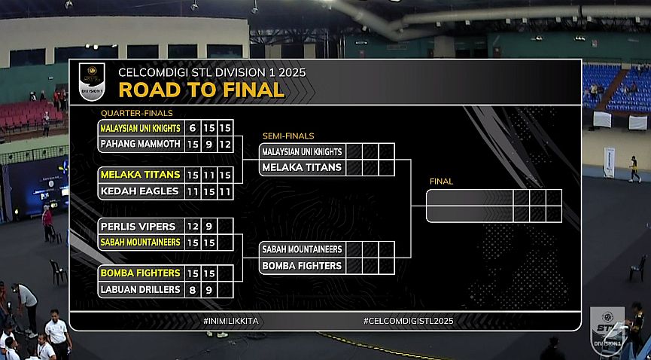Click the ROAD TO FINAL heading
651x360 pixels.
click(201, 90)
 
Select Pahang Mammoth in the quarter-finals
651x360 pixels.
click(141, 143)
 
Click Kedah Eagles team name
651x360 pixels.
click(140, 191)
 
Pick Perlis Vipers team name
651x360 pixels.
click(138, 226)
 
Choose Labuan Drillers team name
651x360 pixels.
click(140, 289)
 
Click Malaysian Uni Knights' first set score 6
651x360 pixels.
click(193, 128)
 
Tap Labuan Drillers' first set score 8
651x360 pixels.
click(193, 289)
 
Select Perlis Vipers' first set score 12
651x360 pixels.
click(193, 226)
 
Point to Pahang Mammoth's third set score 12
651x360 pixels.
click(226, 143)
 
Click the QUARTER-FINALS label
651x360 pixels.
click(131, 113)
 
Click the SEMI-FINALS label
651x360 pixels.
click(288, 136)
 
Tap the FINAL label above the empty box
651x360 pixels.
click(441, 182)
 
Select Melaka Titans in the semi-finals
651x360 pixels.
click(302, 167)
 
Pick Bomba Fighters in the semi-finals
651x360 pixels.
click(302, 266)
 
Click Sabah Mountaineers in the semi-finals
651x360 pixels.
click(302, 249)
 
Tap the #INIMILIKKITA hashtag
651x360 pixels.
click(236, 321)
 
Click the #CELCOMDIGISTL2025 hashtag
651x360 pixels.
click(409, 321)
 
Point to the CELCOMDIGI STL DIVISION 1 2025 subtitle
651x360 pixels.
click(212, 73)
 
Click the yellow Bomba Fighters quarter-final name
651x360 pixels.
click(140, 273)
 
